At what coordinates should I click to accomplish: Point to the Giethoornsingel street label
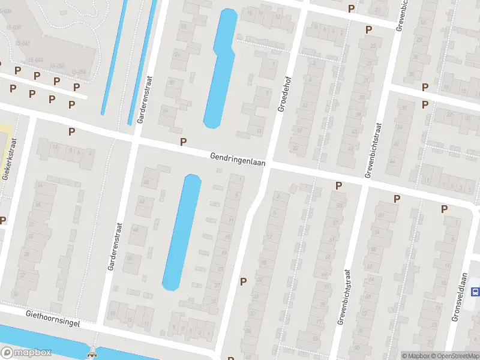[x=53, y=317]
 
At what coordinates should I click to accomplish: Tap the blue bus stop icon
[x=475, y=292]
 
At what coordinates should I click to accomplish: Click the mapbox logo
[x=26, y=353]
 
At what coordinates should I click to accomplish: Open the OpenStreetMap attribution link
[x=454, y=356]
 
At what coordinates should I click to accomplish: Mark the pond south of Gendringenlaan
[x=182, y=231]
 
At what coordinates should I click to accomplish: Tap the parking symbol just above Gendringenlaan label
[x=184, y=142]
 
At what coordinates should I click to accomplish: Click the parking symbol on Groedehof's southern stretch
[x=243, y=281]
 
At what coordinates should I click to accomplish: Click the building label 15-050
[x=58, y=65]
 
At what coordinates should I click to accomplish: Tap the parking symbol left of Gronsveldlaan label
[x=445, y=209]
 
